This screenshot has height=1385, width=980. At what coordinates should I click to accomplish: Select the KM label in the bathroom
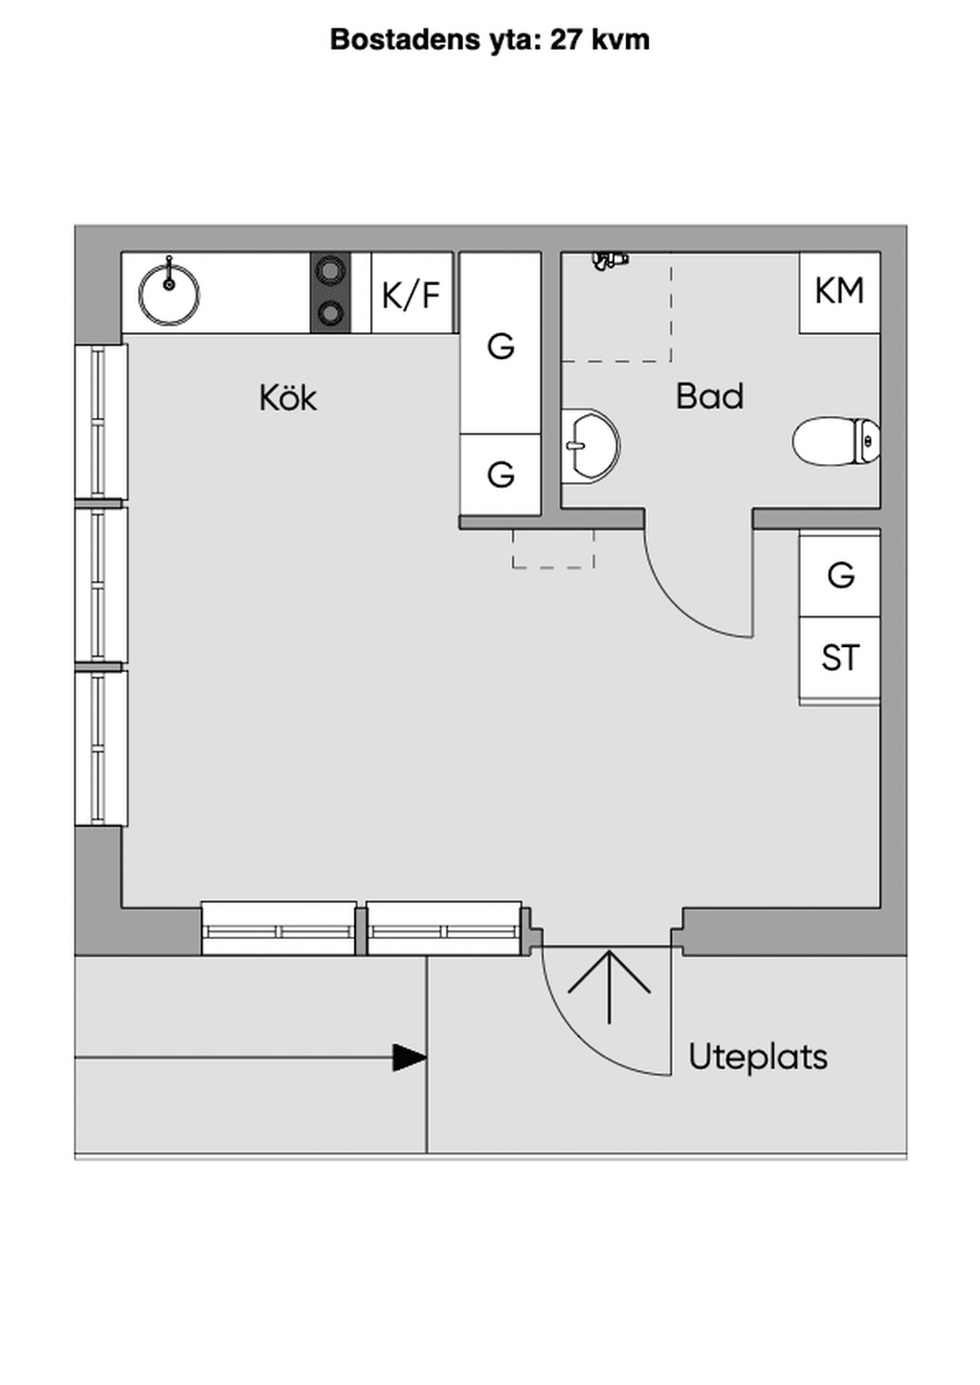point(839,291)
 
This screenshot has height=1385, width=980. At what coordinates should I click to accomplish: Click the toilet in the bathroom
point(835,441)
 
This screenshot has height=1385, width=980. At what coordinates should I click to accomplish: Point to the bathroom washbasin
point(590,445)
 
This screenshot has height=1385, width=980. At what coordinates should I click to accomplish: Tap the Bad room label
point(709,396)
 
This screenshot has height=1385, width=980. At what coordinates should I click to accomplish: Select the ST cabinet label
point(840,658)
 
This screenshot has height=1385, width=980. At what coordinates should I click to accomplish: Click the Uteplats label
point(757,1057)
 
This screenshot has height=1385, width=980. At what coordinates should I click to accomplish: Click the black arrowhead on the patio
point(410,1058)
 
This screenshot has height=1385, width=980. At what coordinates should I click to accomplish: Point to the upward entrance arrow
point(609,988)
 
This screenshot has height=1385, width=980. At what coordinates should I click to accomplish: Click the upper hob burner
point(330,270)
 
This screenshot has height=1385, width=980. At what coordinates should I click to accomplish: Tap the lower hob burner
point(330,312)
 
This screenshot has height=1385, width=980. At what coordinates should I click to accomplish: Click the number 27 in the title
point(566,40)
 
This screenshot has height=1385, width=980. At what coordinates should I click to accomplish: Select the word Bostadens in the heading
point(405,40)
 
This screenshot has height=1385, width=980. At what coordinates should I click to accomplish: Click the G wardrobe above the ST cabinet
point(839,575)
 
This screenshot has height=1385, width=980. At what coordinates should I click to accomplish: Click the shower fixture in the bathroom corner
point(611,259)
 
